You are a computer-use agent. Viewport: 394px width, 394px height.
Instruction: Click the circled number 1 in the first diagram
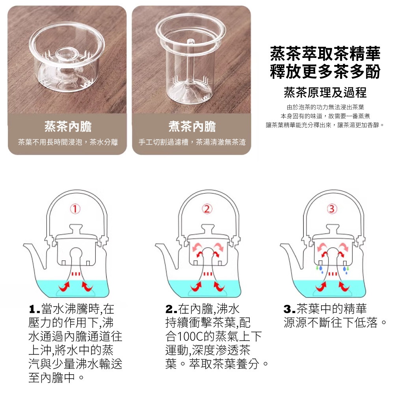point(76,208)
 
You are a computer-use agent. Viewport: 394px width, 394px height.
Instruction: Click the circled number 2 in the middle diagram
point(207,208)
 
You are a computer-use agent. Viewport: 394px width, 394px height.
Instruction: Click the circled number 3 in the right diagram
point(333,208)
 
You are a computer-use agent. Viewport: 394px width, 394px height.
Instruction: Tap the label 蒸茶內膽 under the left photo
point(68,126)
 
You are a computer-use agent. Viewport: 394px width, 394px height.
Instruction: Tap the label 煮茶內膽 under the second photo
point(192,126)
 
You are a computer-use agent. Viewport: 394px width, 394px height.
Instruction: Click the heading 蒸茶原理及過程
point(325,93)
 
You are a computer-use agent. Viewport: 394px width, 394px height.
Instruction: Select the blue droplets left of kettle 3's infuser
point(320,269)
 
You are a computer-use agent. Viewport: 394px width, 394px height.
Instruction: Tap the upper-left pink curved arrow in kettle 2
point(196,247)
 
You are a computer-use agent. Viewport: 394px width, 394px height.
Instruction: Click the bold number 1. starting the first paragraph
point(34,308)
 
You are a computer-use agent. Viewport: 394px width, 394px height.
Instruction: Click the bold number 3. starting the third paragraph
point(289,308)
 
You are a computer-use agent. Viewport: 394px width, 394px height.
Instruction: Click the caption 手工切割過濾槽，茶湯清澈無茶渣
point(192,142)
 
